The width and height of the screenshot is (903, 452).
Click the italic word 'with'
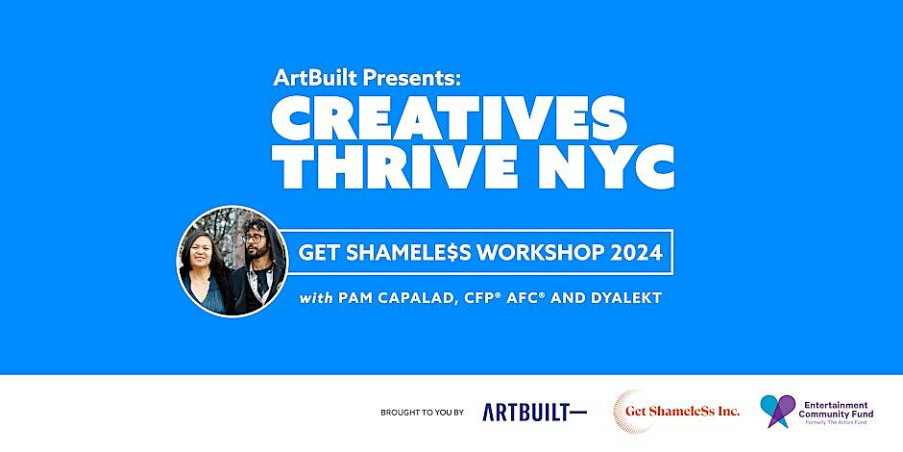point(316,298)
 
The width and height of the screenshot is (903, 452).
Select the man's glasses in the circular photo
point(254,237)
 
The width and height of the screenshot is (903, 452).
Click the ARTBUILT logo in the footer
point(534,412)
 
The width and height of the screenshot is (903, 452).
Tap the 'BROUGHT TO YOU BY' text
point(422,413)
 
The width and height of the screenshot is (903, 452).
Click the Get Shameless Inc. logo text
point(682,411)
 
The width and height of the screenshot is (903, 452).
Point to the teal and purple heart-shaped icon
point(777,411)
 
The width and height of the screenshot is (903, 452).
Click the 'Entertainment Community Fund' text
point(836,410)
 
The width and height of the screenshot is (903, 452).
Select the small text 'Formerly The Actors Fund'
point(837,422)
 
